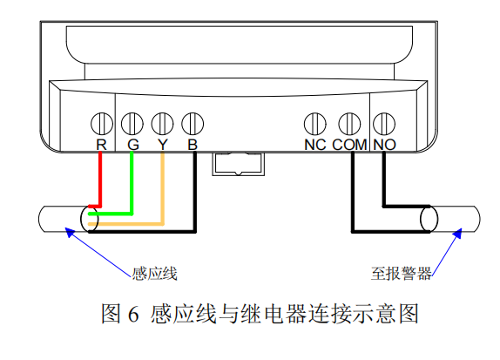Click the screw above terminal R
102,124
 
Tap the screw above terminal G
132,124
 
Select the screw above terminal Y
162,124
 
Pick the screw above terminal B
193,124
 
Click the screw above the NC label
315,124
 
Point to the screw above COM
349,124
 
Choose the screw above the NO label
384,124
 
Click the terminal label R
101,145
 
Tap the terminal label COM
350,145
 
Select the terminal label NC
315,145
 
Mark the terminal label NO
384,145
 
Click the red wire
100,179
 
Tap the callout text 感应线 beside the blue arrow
155,274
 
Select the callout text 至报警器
402,274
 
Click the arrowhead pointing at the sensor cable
69,232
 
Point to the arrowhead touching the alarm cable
458,233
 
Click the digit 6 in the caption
133,314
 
